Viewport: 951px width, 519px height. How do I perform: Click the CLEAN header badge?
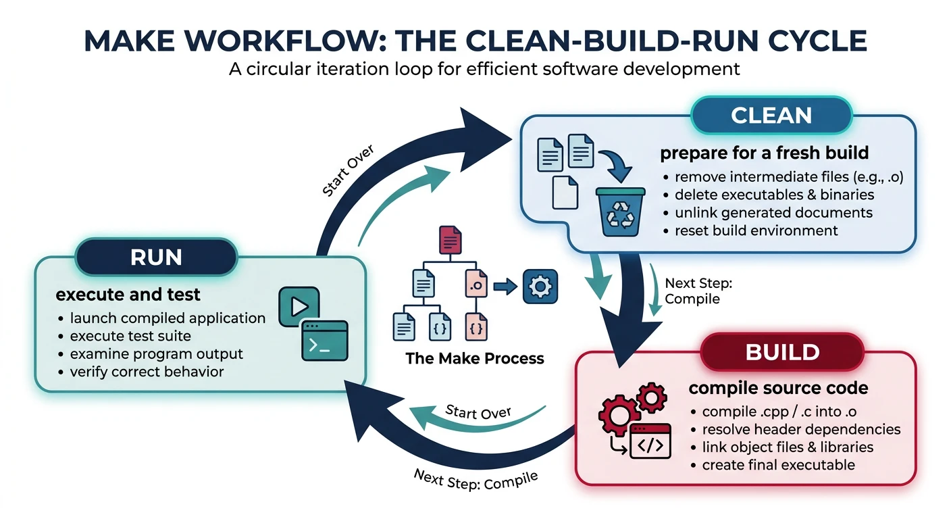[x=771, y=116]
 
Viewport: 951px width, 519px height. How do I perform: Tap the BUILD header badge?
[x=782, y=352]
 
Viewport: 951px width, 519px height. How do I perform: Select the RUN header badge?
[x=156, y=258]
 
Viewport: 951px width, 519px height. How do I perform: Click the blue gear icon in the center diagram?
[x=540, y=288]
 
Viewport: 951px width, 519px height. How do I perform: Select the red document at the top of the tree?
[x=450, y=241]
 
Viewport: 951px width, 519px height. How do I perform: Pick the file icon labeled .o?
[x=476, y=285]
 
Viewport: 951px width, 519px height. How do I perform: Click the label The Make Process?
[x=474, y=358]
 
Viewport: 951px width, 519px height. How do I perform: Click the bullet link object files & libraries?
[x=788, y=447]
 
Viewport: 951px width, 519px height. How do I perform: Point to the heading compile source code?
[x=778, y=389]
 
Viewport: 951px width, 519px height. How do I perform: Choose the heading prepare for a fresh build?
[x=763, y=153]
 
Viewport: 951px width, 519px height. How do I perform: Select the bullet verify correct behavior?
[x=147, y=372]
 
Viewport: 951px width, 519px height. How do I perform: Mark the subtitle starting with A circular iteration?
[x=475, y=69]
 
